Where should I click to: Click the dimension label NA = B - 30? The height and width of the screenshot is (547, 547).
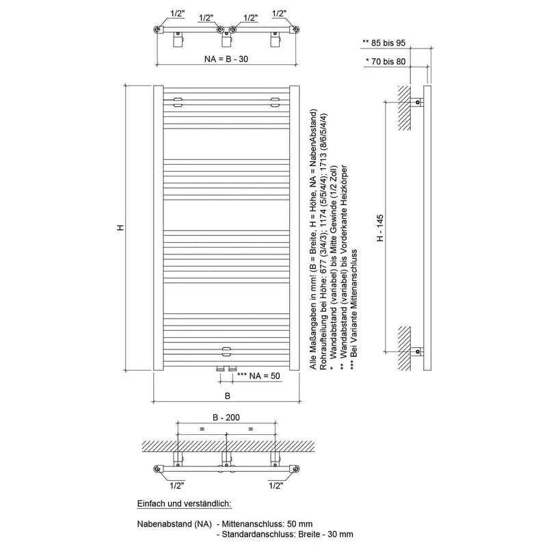pyautogui.click(x=226, y=59)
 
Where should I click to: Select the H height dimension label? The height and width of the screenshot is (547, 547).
pyautogui.click(x=120, y=228)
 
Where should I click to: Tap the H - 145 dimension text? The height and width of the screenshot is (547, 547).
pyautogui.click(x=380, y=228)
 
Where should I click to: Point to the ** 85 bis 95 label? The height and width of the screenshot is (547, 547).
pyautogui.click(x=384, y=43)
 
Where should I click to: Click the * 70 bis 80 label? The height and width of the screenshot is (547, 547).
pyautogui.click(x=386, y=62)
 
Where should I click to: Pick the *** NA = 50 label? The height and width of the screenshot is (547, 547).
pyautogui.click(x=258, y=375)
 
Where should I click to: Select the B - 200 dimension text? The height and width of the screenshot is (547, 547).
pyautogui.click(x=226, y=417)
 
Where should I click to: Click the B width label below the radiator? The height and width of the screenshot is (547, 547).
pyautogui.click(x=228, y=396)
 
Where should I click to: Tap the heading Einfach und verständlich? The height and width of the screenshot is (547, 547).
pyautogui.click(x=184, y=503)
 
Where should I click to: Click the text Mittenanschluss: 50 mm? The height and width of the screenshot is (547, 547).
pyautogui.click(x=267, y=524)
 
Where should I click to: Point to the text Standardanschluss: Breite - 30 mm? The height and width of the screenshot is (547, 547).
pyautogui.click(x=287, y=534)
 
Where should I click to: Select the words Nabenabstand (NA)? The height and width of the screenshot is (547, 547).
pyautogui.click(x=174, y=524)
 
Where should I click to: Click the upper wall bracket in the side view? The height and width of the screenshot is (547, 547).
pyautogui.click(x=417, y=102)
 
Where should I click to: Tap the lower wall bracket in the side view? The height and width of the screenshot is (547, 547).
pyautogui.click(x=417, y=351)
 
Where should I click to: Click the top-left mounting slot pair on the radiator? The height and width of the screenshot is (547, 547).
pyautogui.click(x=178, y=102)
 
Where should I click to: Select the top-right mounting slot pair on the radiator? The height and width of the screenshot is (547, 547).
pyautogui.click(x=276, y=102)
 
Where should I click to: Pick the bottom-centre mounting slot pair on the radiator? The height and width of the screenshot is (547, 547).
pyautogui.click(x=226, y=351)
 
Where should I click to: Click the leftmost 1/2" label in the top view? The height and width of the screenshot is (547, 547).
pyautogui.click(x=177, y=14)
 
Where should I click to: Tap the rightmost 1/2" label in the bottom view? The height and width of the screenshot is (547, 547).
pyautogui.click(x=276, y=485)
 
